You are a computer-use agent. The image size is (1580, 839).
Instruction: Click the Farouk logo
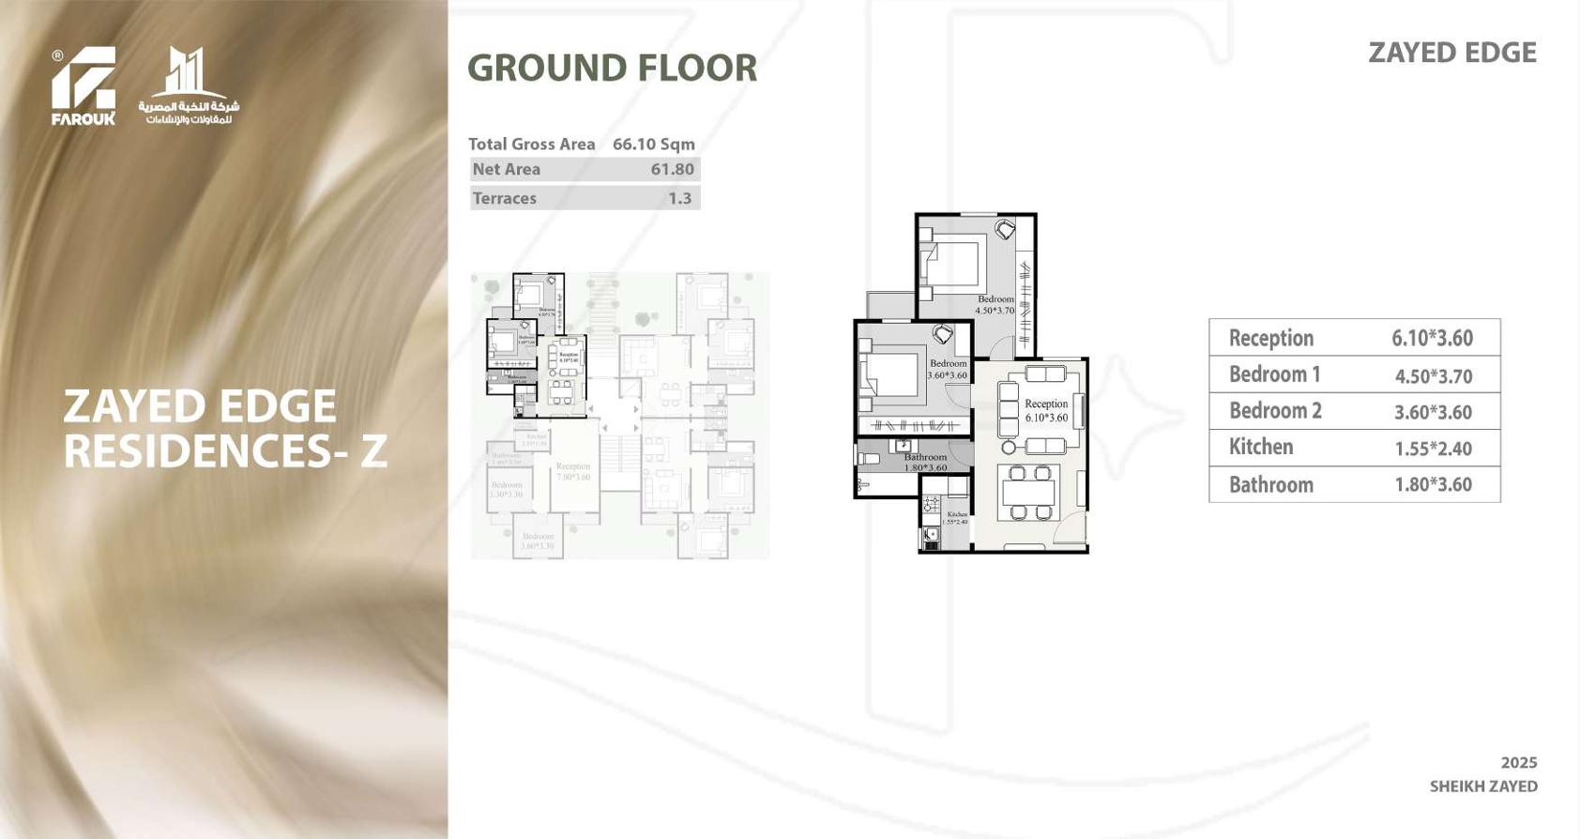click(x=84, y=85)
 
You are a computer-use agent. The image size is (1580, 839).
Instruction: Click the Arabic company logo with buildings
click(x=189, y=86)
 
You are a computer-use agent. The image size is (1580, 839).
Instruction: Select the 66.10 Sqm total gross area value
click(x=653, y=144)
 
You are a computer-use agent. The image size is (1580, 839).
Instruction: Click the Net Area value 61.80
click(x=672, y=169)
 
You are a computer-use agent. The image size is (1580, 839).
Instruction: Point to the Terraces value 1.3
click(x=679, y=198)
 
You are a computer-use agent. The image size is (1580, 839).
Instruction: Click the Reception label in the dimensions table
click(x=1270, y=338)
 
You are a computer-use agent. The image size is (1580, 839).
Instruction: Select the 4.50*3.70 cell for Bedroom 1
click(x=1433, y=375)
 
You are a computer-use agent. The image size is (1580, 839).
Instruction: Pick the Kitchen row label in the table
click(x=1260, y=447)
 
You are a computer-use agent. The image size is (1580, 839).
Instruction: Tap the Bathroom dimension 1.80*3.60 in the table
click(x=1433, y=484)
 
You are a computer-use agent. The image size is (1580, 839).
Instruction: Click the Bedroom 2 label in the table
click(x=1274, y=411)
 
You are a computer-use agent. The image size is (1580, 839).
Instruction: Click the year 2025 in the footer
click(x=1518, y=762)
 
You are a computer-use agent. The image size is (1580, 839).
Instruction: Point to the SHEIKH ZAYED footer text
click(x=1482, y=786)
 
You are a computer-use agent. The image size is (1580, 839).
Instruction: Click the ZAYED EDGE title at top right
click(x=1451, y=53)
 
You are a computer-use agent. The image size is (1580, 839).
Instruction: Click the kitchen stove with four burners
click(x=931, y=506)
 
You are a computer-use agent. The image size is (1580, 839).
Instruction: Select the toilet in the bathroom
click(x=869, y=460)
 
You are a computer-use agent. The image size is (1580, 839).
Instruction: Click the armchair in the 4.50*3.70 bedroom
click(x=1005, y=228)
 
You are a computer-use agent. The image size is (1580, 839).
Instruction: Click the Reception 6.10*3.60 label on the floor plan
click(x=1045, y=410)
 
